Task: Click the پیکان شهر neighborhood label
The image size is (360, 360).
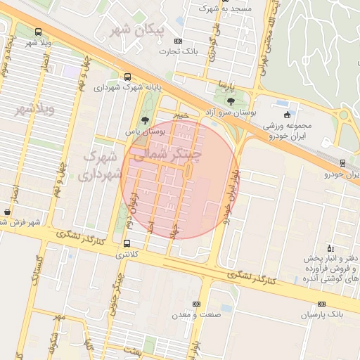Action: pos(138,30)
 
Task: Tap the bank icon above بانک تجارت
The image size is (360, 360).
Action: pos(178,41)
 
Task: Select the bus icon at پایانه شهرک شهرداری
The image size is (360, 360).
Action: pos(127,77)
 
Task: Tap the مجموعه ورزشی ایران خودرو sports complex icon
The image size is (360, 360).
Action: pos(286,115)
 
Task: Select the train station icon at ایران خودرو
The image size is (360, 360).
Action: pos(342,163)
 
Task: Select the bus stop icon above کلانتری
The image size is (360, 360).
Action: pos(127,244)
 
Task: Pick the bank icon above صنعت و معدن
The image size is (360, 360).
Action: pos(195,304)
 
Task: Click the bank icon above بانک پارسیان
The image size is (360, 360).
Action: pos(321,304)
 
